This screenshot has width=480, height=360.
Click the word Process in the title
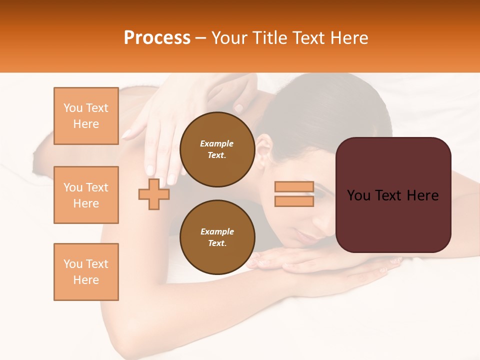click(157, 38)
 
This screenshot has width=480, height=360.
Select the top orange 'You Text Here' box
click(86, 116)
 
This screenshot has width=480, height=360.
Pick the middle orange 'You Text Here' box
click(86, 195)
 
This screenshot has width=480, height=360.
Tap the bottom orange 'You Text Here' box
click(86, 272)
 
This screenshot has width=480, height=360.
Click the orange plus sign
click(154, 194)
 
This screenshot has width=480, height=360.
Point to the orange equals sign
click(294, 194)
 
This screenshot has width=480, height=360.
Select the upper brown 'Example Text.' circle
click(217, 149)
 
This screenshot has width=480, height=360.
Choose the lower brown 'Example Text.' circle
click(217, 237)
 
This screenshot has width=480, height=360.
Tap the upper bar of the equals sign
click(294, 187)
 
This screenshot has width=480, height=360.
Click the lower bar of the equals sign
click(294, 201)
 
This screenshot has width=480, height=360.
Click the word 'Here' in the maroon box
click(423, 195)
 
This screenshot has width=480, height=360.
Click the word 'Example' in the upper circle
click(217, 143)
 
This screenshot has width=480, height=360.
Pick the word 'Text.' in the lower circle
click(217, 243)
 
